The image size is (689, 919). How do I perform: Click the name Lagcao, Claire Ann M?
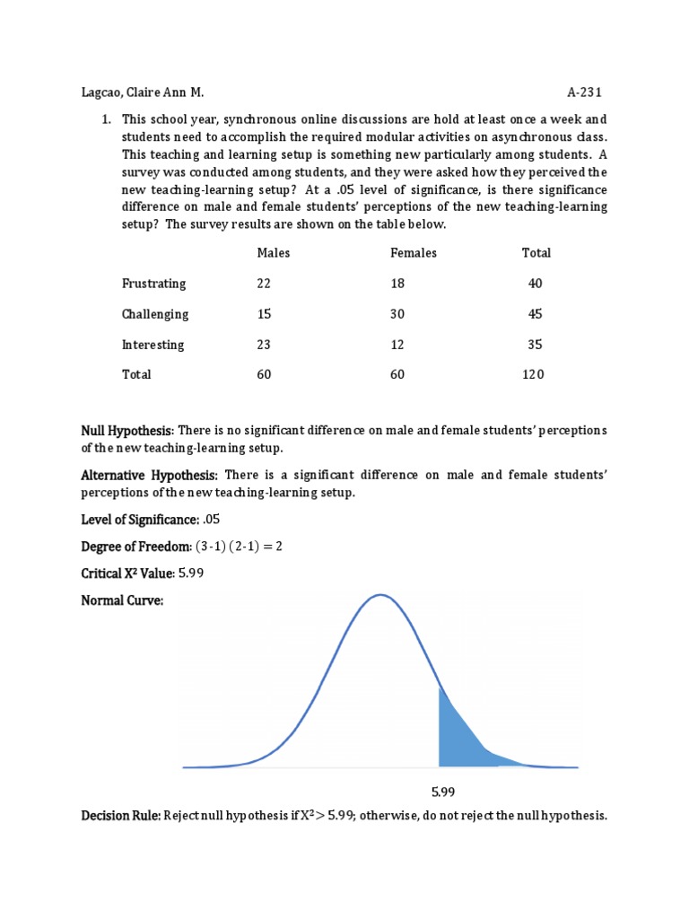click(x=144, y=92)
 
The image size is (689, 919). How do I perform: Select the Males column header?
click(x=274, y=253)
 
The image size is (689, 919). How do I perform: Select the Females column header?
click(x=414, y=253)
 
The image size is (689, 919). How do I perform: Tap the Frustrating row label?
click(x=154, y=284)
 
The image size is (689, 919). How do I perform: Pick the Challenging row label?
click(x=155, y=314)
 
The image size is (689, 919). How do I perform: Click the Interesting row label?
click(x=153, y=345)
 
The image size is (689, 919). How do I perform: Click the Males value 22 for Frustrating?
click(x=264, y=284)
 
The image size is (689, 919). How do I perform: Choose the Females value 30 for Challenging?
click(x=397, y=314)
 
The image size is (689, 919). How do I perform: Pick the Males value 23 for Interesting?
click(x=264, y=345)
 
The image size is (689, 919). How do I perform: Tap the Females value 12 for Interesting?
click(x=397, y=345)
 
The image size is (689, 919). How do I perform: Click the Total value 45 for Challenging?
click(x=535, y=314)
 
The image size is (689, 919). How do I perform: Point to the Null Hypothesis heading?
click(x=128, y=431)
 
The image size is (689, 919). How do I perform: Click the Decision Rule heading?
click(x=120, y=816)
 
